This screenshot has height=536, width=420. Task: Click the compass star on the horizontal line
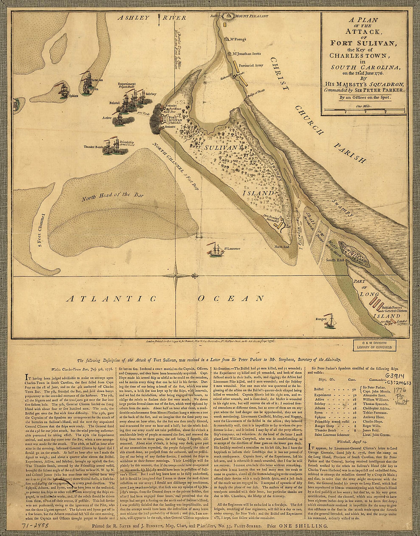pos(176,275)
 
